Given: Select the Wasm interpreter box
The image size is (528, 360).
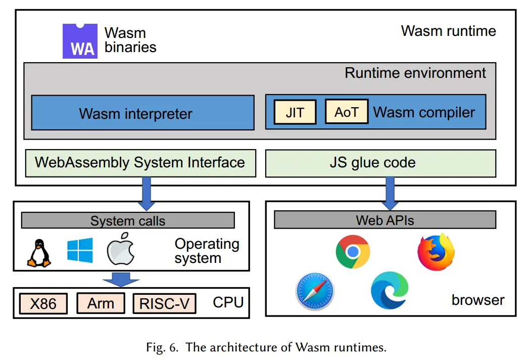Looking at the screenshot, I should tap(142, 113).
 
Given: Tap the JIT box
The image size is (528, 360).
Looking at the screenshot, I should tap(295, 112).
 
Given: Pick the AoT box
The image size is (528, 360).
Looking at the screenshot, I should tap(346, 112).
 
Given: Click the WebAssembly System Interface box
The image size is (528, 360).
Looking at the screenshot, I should tap(140, 163).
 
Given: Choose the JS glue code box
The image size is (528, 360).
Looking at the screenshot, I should tap(380, 163).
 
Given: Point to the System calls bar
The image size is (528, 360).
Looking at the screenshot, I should tap(128, 220).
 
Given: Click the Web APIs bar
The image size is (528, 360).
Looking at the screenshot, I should tap(385, 220).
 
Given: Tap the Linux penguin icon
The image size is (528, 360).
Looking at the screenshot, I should tap(39, 253).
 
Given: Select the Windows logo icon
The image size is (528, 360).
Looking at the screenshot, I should tap(80, 250).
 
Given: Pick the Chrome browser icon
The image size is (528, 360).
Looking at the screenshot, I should tap(353, 251).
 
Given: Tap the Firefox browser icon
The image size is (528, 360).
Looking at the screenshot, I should tap(436, 251).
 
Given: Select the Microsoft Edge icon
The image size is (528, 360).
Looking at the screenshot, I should tap(390, 290).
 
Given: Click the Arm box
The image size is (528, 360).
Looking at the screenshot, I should tap(101, 303).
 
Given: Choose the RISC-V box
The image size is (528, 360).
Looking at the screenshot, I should tap(164, 303).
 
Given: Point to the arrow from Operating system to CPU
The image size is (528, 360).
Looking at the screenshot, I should tap(121, 279).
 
